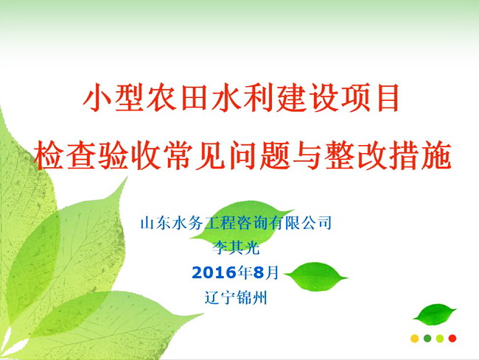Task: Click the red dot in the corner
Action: pyautogui.click(x=452, y=339)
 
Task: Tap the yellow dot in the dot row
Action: pyautogui.click(x=415, y=339)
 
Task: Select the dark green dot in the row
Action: pyautogui.click(x=427, y=339)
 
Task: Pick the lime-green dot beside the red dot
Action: pyautogui.click(x=440, y=339)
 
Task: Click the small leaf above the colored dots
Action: pyautogui.click(x=435, y=315)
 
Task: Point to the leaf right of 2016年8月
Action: pyautogui.click(x=317, y=276)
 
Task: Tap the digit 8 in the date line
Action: pyautogui.click(x=259, y=272)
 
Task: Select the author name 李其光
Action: pyautogui.click(x=236, y=247)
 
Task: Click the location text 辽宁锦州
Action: pyautogui.click(x=236, y=297)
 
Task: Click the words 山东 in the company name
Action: pyautogui.click(x=155, y=223)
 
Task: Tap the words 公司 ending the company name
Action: pyautogui.click(x=316, y=223)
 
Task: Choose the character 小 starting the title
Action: pyautogui.click(x=97, y=99)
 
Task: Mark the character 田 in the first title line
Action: pyautogui.click(x=194, y=99)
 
